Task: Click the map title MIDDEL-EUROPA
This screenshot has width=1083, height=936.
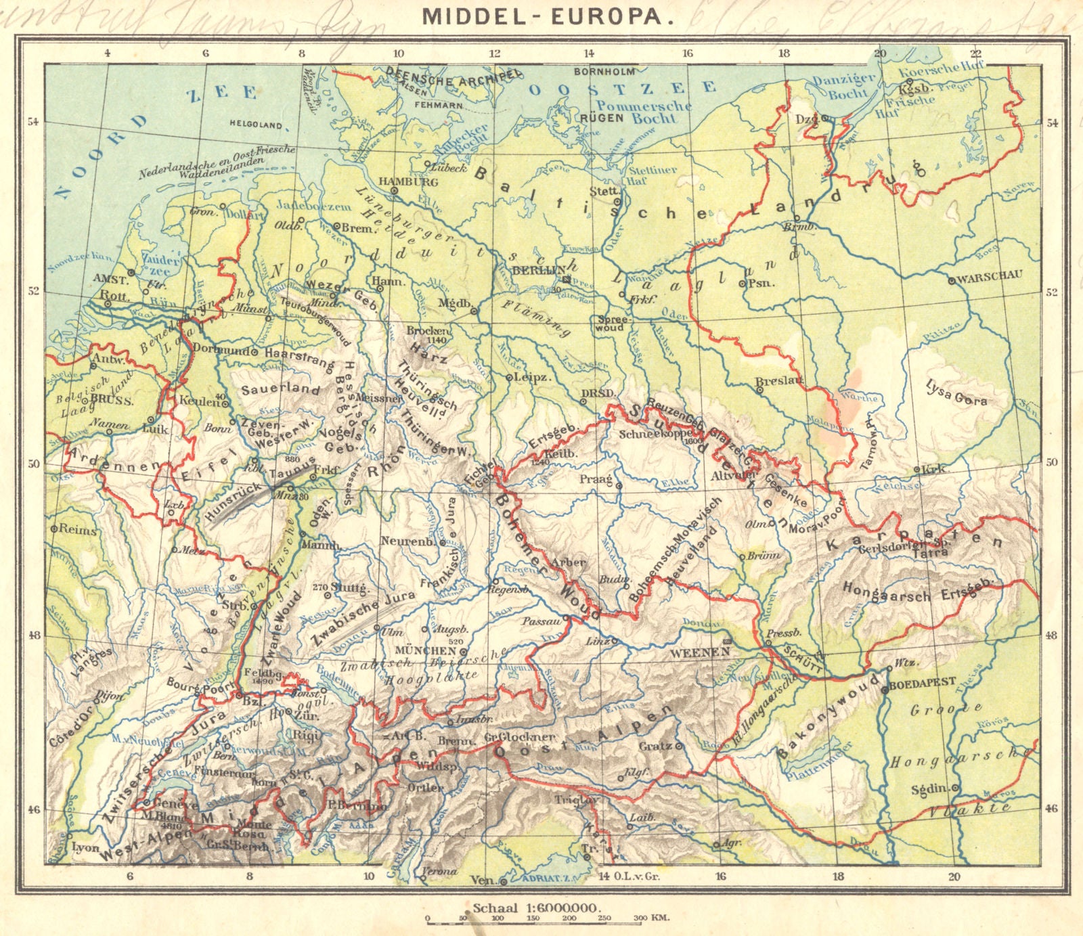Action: coord(548,16)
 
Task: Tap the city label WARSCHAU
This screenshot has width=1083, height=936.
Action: coord(990,276)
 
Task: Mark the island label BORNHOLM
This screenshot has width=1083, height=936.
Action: coord(604,71)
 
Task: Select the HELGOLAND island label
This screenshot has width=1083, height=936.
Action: coord(255,125)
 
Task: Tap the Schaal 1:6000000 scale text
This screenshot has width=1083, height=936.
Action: coord(538,908)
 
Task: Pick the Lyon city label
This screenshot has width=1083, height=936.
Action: coord(85,847)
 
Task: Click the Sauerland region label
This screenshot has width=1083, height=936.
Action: coord(280,389)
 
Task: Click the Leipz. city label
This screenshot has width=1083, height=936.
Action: coord(532,377)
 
